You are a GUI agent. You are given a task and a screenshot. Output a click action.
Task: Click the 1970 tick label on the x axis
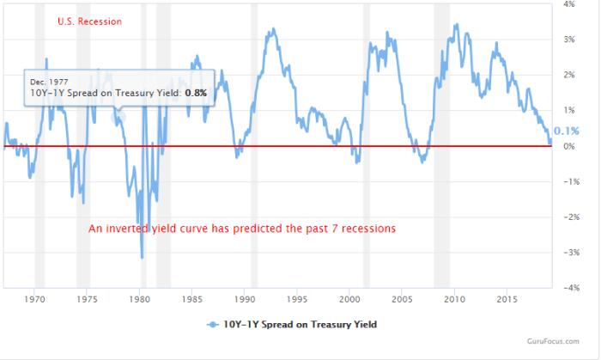coord(34,299)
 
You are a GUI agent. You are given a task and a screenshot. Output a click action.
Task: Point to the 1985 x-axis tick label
coord(192,299)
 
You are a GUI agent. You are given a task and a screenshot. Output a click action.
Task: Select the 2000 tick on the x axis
coord(349,299)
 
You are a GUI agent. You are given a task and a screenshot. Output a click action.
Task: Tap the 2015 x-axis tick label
coord(507,299)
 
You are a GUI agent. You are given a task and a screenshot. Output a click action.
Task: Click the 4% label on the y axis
coord(568,4)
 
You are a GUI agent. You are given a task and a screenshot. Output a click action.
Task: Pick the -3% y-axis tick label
coord(567,253)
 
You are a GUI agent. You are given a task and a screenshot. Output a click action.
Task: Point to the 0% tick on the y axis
coord(568,146)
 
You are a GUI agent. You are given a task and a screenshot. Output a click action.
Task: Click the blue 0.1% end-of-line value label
coord(567,131)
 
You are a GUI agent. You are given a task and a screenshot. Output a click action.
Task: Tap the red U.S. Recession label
coord(89,21)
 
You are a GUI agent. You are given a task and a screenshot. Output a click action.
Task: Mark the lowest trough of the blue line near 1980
coord(142,257)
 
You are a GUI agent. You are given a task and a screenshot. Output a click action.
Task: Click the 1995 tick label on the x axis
coord(297,299)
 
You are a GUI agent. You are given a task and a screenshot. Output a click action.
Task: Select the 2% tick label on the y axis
coord(568,75)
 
